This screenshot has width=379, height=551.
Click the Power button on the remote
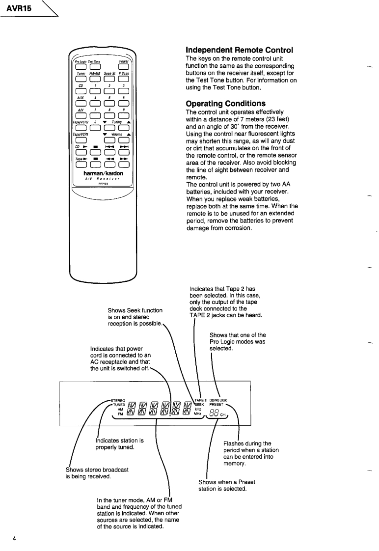click(124, 68)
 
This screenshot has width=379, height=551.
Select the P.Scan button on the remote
click(124, 82)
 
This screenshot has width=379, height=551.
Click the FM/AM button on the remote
click(95, 82)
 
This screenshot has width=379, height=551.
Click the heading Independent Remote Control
click(239, 50)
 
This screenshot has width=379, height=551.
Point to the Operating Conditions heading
click(225, 104)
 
